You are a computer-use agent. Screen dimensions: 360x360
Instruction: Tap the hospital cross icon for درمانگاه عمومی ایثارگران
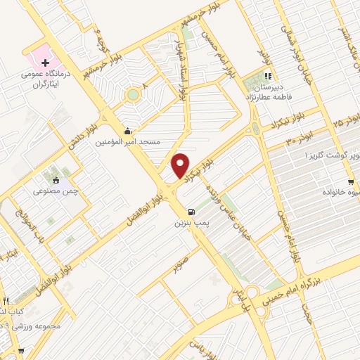pyautogui.click(x=45, y=63)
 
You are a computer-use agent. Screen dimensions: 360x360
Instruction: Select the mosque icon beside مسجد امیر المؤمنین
pyautogui.click(x=127, y=130)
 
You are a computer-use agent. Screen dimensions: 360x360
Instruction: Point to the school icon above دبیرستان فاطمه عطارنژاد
pyautogui.click(x=267, y=77)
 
